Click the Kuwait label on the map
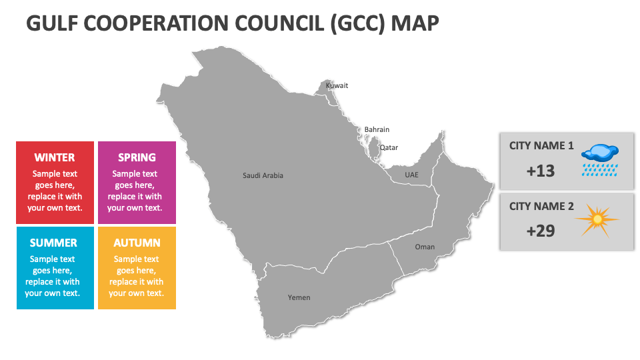337,85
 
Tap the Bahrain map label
377,129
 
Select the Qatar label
389,147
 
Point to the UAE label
412,175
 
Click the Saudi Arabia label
263,175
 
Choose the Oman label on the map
425,247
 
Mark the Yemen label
299,297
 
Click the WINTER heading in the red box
55,157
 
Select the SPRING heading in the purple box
137,157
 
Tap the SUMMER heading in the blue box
53,243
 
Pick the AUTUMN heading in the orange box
137,243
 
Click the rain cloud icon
601,159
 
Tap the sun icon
597,219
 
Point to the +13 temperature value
540,171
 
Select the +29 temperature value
540,231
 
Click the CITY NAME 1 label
541,145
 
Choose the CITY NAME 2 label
541,206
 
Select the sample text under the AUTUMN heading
137,276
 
